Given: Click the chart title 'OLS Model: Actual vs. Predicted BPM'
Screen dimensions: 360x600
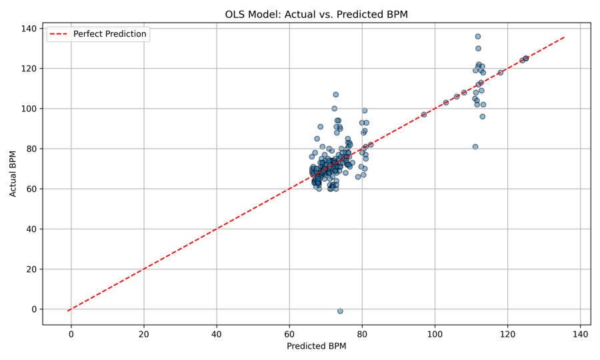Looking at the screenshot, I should (316, 14).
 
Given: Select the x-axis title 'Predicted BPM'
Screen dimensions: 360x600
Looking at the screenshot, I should (316, 347).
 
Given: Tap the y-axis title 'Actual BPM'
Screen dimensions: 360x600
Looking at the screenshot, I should (13, 174).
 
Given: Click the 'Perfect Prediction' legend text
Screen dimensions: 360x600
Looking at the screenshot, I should (109, 34).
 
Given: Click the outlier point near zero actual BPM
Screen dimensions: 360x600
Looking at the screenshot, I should (340, 311).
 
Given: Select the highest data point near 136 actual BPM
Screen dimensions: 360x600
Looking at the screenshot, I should (478, 37).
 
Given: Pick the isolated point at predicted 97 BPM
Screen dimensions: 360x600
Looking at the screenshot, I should (424, 115).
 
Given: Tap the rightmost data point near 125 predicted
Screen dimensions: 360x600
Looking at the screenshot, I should (526, 59).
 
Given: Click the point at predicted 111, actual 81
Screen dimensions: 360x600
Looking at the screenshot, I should (475, 147).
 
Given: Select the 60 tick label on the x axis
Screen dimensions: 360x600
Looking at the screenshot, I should (289, 334).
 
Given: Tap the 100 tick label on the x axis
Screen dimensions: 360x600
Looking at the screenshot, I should (435, 334).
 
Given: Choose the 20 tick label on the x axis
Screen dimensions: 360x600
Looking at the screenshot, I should (143, 334).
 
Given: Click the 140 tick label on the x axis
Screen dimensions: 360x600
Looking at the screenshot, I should (581, 334).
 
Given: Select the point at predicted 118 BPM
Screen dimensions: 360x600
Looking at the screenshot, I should (501, 73).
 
